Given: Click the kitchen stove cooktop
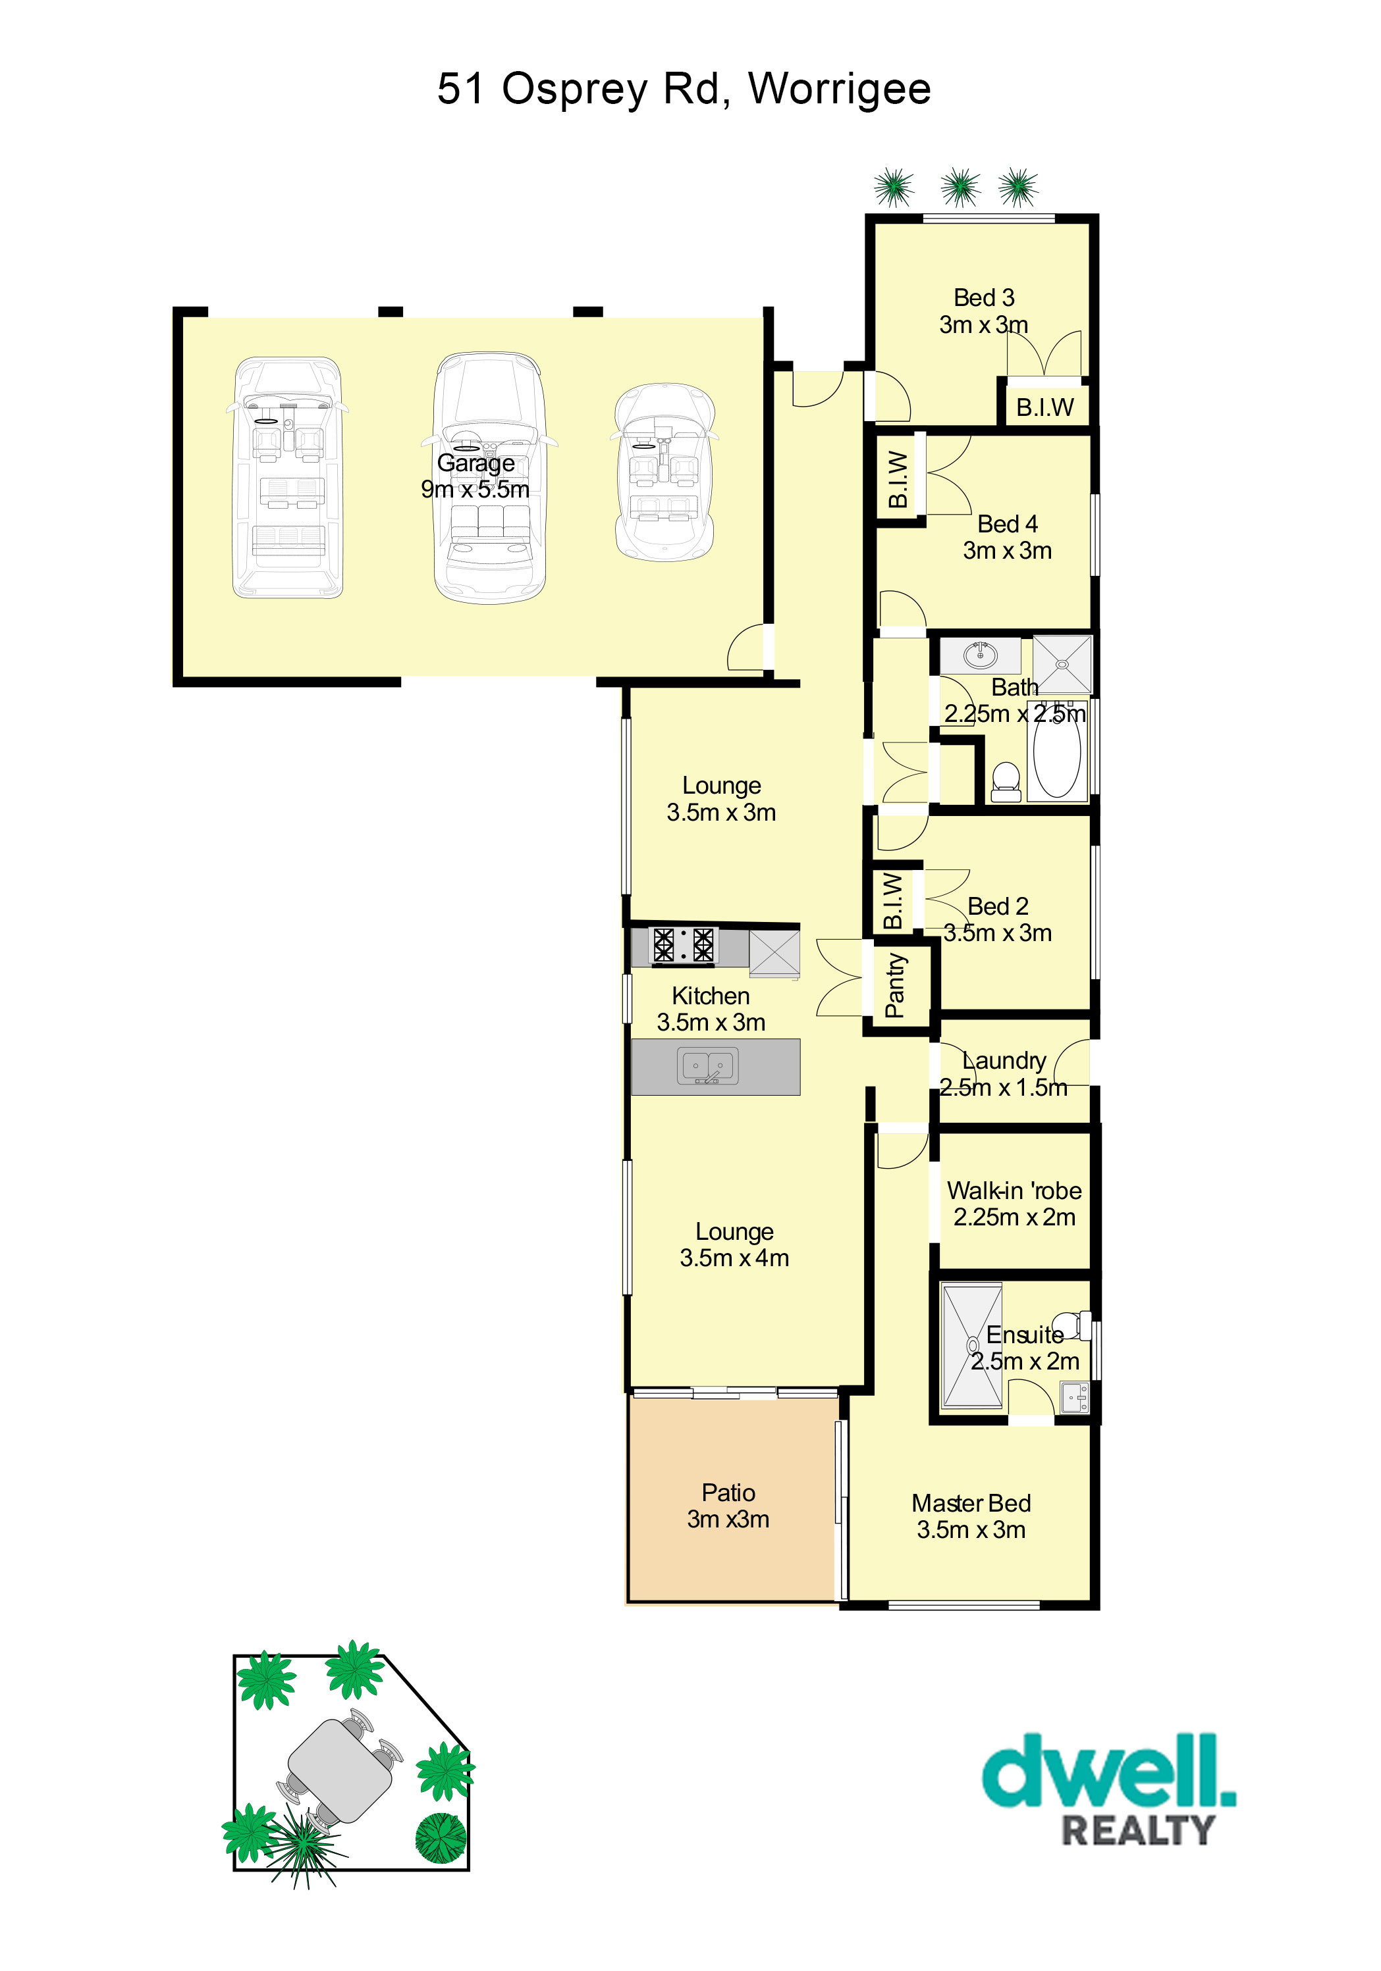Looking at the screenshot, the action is tap(684, 944).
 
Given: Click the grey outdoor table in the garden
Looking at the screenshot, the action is tap(339, 1770).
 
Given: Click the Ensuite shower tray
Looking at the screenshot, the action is tap(972, 1345).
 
